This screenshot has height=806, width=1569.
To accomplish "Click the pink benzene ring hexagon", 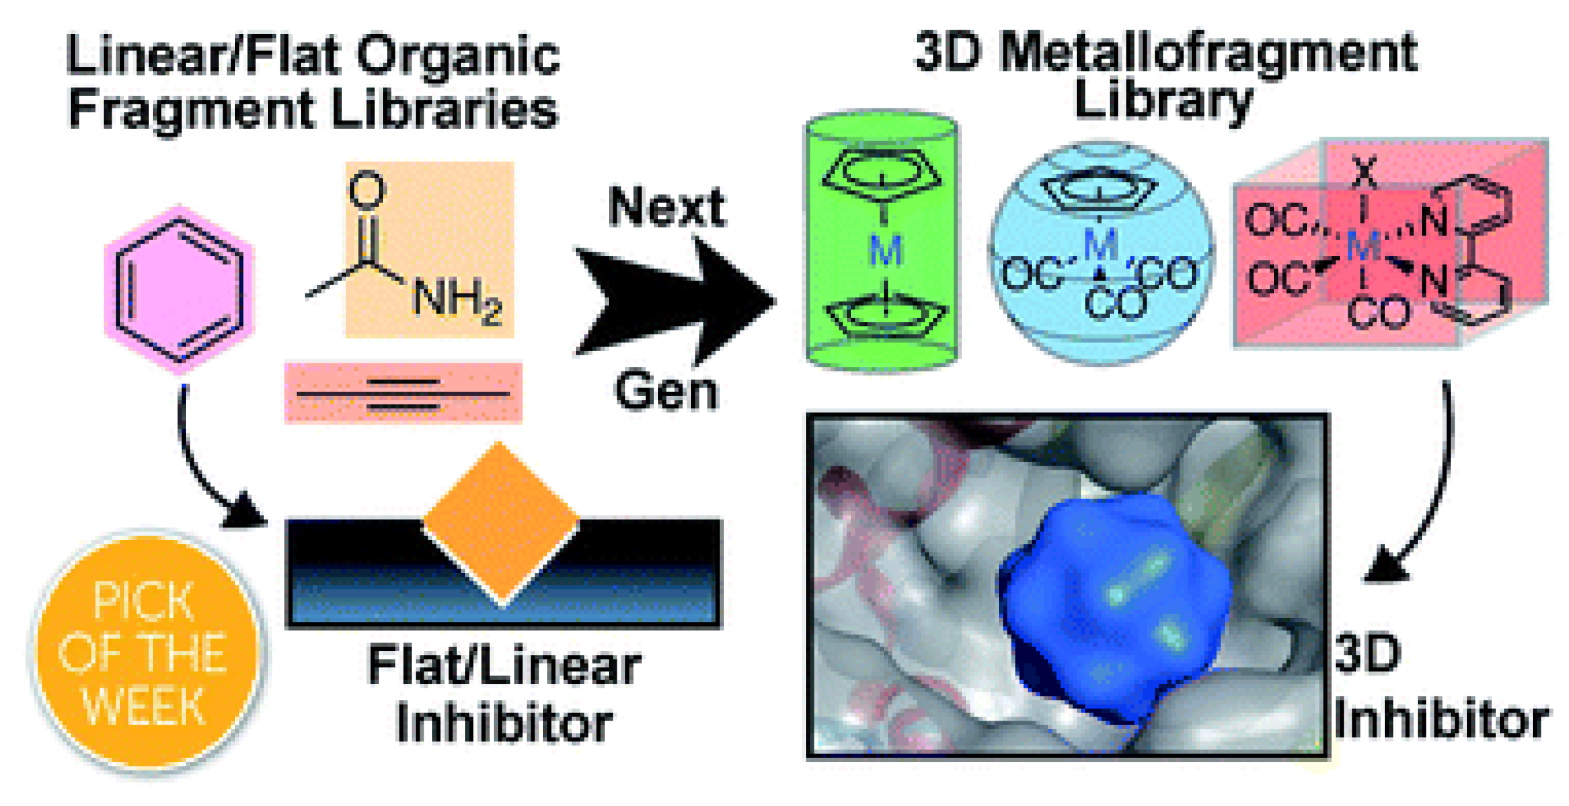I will pos(179,290).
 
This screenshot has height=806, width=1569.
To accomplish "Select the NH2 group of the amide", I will pos(456,302).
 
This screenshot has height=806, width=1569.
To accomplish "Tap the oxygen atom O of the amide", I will pos(366,190).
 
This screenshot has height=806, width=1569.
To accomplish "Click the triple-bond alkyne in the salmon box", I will pos(403,393).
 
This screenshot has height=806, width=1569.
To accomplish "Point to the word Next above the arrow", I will pos(666,207).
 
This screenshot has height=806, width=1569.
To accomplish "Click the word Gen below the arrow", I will pos(666,392).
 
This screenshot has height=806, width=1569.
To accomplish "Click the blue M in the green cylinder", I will pos(885,250).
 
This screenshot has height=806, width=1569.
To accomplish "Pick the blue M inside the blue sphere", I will pos(1101,245).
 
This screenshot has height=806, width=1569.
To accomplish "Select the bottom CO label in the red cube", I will pos(1378,313).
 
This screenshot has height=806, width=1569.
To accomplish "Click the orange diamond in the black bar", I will pos(501,522).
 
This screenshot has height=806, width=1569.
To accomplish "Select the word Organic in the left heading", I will pos(458,56).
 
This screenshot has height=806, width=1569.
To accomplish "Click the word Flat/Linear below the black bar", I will pos(504,665).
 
